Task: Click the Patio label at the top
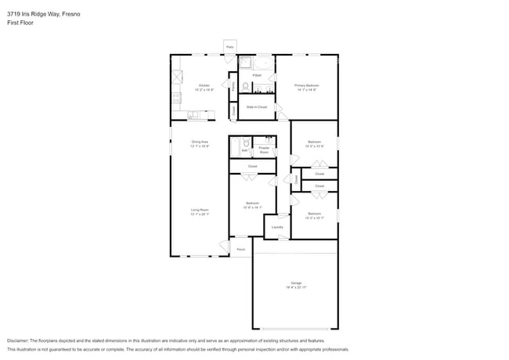tap(230, 47)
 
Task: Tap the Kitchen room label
tap(204, 86)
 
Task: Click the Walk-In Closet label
tap(257, 106)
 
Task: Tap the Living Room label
tap(200, 211)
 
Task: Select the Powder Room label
tap(264, 149)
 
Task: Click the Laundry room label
tap(277, 227)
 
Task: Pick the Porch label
tap(240, 250)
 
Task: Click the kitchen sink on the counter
tap(193, 114)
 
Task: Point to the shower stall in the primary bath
tap(244, 63)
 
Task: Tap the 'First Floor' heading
tap(20, 23)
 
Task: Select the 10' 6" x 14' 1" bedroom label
tap(251, 205)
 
